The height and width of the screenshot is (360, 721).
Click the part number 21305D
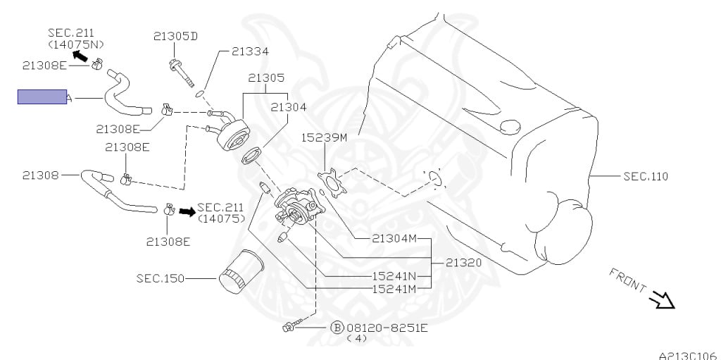(175, 36)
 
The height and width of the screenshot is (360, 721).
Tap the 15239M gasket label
(325, 137)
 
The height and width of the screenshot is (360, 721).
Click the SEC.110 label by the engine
(646, 176)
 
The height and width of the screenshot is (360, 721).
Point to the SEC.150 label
(160, 278)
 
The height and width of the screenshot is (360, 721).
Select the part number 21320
(463, 263)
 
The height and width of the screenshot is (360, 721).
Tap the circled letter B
(337, 328)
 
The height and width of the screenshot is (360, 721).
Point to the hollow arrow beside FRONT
(662, 301)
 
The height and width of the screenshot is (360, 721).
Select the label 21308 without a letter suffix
(41, 175)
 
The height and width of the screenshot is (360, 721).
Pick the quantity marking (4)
(358, 338)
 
